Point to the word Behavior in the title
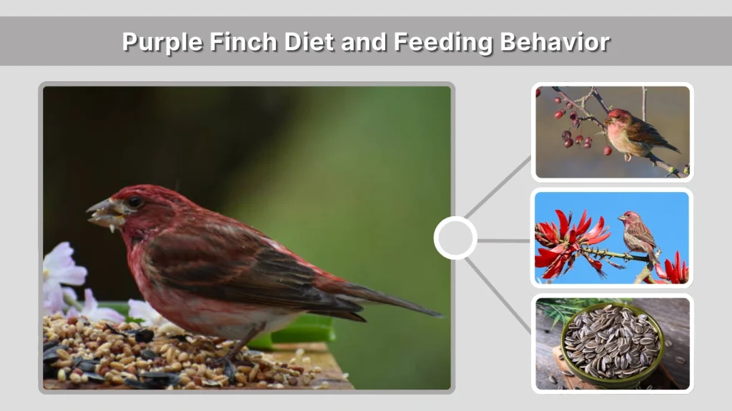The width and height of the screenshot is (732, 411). point(554,42)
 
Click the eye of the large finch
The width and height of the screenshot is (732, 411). point(134,202)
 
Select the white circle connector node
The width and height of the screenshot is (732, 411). point(455,238)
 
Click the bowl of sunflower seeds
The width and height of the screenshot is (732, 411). point(611,345)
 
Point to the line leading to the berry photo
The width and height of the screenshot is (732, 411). point(499,187)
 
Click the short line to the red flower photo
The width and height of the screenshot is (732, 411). point(503,240)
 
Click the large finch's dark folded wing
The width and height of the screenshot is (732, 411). point(243,264)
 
